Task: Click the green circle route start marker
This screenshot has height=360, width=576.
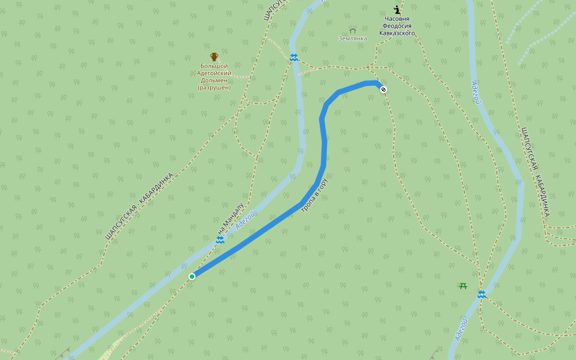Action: pyautogui.click(x=192, y=276)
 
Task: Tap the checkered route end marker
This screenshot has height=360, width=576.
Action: pyautogui.click(x=383, y=89)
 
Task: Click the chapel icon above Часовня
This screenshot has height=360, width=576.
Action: pyautogui.click(x=397, y=9)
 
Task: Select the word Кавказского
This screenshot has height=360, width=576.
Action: pyautogui.click(x=397, y=34)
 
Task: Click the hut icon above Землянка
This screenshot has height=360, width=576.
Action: pyautogui.click(x=353, y=30)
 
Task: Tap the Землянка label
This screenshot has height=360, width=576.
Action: pyautogui.click(x=353, y=38)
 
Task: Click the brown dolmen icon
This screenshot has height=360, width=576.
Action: pyautogui.click(x=214, y=56)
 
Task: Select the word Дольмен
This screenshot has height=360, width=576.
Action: pyautogui.click(x=214, y=80)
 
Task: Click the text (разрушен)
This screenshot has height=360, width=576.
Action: pyautogui.click(x=214, y=88)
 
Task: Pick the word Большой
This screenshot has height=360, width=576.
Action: pyautogui.click(x=214, y=65)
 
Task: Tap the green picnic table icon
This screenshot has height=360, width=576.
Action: pyautogui.click(x=463, y=286)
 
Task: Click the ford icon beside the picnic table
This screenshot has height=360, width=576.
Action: pyautogui.click(x=481, y=294)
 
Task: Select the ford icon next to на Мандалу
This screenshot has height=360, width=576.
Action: pyautogui.click(x=220, y=240)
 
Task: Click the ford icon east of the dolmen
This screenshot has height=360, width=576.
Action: pyautogui.click(x=294, y=58)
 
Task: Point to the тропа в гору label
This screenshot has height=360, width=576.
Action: pyautogui.click(x=314, y=196)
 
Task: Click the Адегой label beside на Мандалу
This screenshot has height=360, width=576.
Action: pyautogui.click(x=246, y=220)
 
